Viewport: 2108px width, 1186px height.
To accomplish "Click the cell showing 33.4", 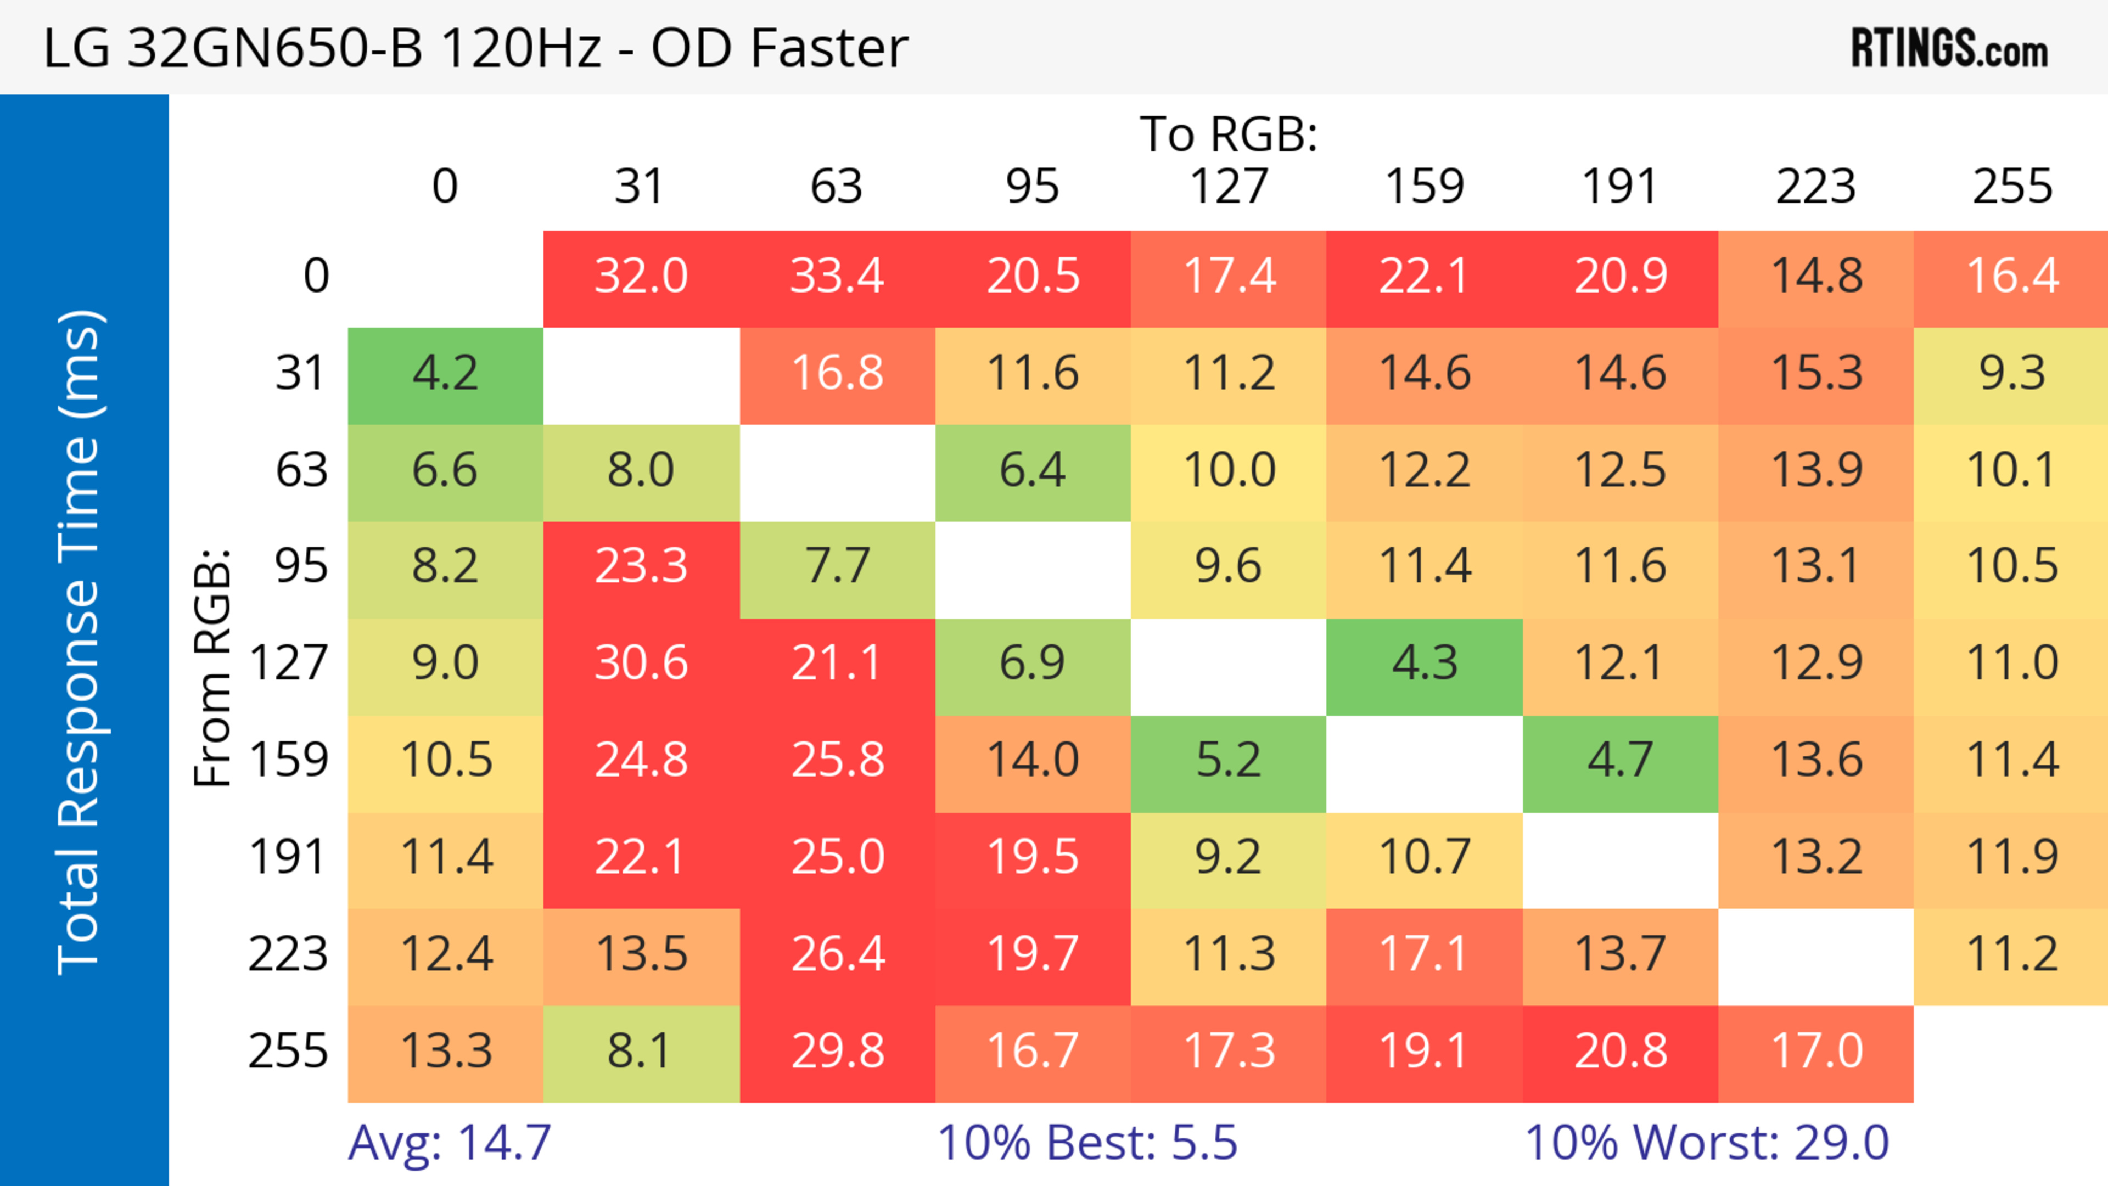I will point(837,277).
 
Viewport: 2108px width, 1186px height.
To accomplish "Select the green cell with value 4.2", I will point(445,374).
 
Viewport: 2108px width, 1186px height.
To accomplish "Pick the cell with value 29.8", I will point(837,1051).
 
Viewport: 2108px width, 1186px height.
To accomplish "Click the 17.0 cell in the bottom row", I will point(1816,1051).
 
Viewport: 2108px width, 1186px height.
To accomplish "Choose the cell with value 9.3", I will point(2011,374).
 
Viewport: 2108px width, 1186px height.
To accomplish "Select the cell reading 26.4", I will point(837,954).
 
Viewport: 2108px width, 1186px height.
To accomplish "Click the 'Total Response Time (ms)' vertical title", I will point(80,642).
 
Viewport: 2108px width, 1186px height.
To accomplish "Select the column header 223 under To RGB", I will point(1816,187).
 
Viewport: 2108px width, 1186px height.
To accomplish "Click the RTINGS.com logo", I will point(1949,49).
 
